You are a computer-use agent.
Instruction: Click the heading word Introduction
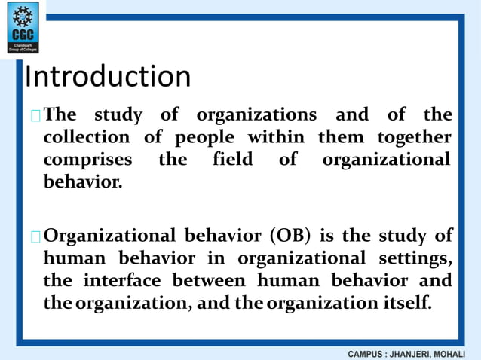point(108,77)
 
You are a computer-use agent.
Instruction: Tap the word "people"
point(204,138)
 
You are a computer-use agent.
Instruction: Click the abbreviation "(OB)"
point(288,236)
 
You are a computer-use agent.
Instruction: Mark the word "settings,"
point(416,259)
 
